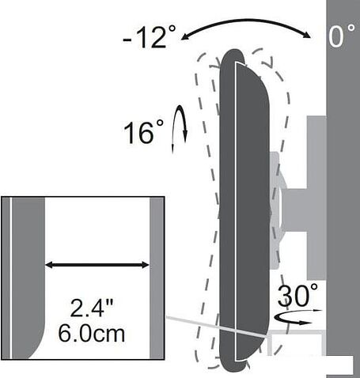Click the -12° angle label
(149, 37)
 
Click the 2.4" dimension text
(92, 308)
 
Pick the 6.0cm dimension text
(92, 333)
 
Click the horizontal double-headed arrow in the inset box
(97, 265)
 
